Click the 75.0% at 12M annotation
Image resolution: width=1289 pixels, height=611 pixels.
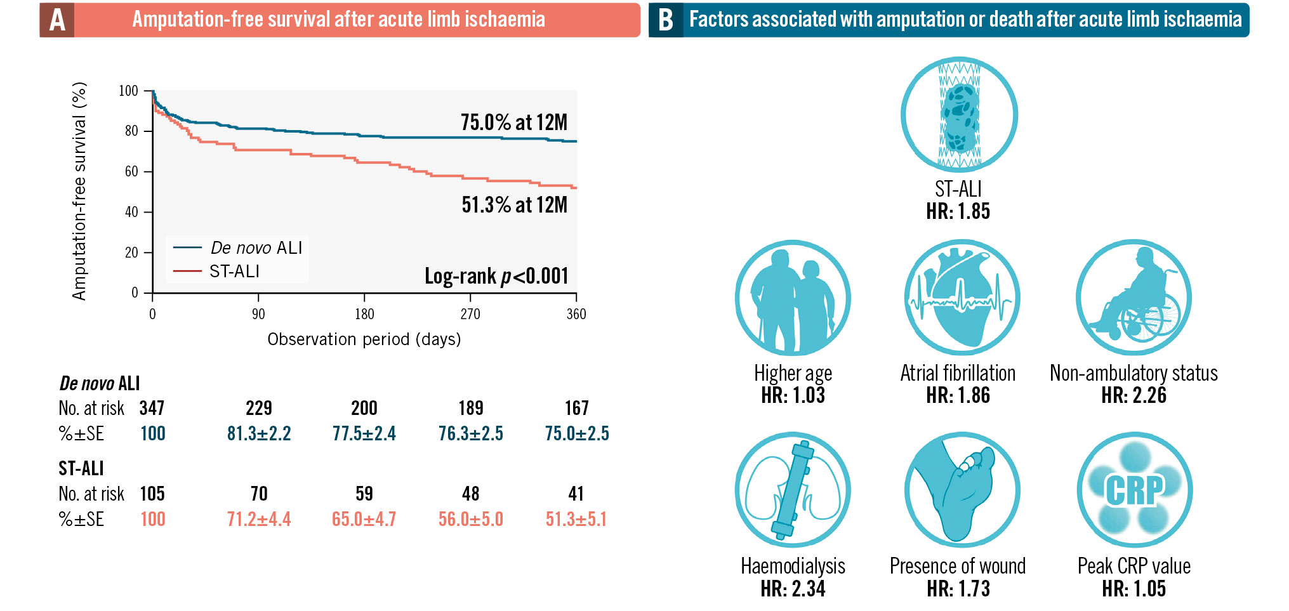[513, 122]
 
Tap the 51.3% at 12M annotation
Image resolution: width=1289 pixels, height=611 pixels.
[514, 205]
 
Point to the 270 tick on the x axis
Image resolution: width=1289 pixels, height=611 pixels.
[470, 314]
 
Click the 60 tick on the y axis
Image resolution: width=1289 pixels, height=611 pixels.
[131, 171]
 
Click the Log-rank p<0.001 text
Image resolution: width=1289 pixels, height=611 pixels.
[496, 276]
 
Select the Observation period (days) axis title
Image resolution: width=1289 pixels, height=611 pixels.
[364, 339]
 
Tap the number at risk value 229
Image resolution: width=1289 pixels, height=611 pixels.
[259, 408]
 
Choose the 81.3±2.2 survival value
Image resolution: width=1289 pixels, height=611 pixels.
[259, 433]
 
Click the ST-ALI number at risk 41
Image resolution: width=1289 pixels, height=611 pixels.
[576, 494]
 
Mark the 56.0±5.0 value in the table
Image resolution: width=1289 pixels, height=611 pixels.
[470, 519]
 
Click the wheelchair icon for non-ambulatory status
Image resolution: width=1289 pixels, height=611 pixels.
[1134, 297]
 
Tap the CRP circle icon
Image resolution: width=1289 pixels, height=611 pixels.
[1134, 490]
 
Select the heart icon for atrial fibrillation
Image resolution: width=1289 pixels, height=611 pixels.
[961, 297]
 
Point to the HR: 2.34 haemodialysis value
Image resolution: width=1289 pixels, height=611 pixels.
[793, 589]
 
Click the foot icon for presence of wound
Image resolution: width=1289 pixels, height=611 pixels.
[962, 490]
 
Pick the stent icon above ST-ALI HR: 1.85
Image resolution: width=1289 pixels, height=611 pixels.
[959, 114]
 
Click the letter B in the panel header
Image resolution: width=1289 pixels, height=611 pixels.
[665, 20]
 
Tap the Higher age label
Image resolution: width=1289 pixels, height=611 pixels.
[793, 373]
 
